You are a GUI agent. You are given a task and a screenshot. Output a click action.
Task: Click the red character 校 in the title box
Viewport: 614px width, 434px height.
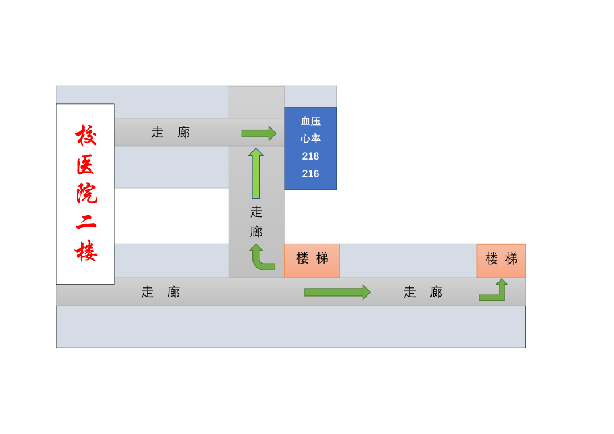point(86,135)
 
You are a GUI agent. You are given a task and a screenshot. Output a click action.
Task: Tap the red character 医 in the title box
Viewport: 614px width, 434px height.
point(86,165)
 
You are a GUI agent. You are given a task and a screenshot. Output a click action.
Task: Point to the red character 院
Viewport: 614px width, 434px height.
point(86,194)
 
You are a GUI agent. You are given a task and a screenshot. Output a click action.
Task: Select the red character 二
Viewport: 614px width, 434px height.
point(86,223)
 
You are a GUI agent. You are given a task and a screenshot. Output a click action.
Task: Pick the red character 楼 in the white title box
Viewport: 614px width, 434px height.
point(86,252)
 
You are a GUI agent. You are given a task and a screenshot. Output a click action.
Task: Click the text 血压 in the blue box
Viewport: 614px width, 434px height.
point(310,121)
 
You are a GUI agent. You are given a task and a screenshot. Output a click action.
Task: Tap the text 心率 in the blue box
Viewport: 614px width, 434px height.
point(310,139)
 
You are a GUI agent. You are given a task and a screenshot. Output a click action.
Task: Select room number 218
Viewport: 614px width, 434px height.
point(310,156)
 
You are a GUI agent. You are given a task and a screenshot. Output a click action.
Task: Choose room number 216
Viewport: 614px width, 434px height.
point(310,174)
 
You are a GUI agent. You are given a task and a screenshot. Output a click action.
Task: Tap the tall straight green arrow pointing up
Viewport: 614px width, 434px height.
point(256,173)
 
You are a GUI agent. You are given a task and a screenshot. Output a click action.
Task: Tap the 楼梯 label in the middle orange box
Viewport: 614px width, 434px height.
point(312,258)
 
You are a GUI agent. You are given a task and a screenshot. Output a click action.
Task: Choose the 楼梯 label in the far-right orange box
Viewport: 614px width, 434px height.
point(501,259)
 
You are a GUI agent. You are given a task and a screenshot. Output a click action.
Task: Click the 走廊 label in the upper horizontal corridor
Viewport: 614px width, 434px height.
point(171,132)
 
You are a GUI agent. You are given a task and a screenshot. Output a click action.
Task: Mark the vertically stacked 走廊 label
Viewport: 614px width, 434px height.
point(256,222)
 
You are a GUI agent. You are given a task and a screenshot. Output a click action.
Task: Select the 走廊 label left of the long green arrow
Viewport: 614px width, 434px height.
point(160,292)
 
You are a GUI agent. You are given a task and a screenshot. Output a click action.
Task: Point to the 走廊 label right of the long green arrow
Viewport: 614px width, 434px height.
point(423,292)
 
